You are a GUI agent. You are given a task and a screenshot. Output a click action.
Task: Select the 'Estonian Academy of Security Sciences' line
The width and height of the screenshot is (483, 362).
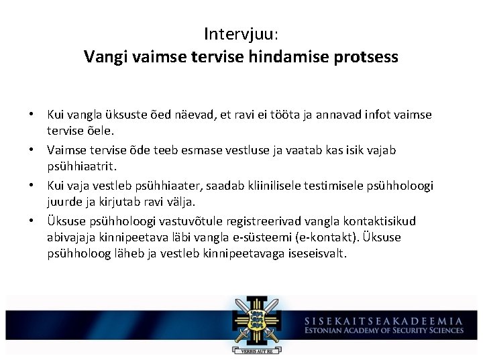tap(383, 330)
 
